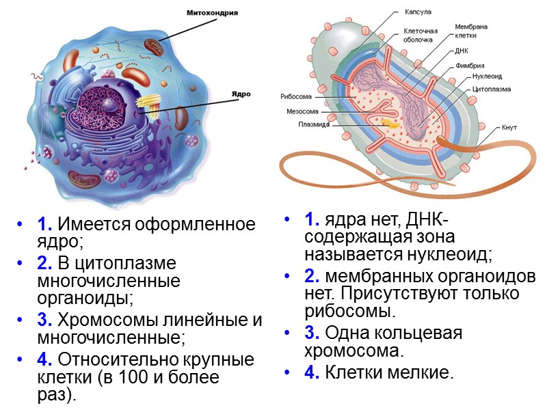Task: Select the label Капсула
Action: point(418,12)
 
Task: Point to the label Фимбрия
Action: point(470,66)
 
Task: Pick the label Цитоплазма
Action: point(490,88)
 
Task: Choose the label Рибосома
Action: point(296,96)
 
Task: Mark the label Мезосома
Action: point(299,111)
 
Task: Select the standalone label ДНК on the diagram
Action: point(462,51)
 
